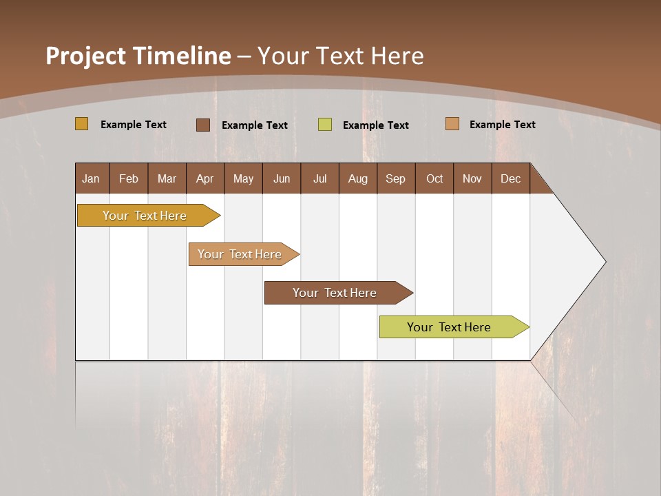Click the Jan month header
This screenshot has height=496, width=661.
91,178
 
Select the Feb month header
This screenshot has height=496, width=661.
129,178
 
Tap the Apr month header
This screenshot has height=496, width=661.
204,178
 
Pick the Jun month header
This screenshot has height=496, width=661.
282,178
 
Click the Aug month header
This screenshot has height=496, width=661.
357,178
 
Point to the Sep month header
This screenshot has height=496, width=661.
395,178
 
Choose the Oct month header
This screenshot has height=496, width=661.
434,178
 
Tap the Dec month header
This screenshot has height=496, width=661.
510,178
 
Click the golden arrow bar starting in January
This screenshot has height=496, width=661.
145,216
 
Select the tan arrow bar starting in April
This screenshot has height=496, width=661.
240,254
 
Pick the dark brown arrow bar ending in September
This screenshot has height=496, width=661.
335,293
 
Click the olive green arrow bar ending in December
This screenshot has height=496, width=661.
449,327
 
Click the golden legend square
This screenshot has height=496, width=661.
81,124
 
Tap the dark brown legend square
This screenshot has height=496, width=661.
202,125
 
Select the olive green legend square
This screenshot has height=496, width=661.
324,125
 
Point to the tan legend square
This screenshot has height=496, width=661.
452,124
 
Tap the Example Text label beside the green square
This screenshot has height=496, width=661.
375,125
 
